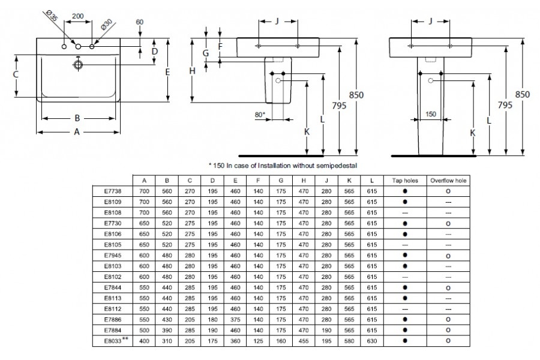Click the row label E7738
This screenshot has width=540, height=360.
(x=113, y=190)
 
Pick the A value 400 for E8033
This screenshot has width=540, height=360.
(x=144, y=340)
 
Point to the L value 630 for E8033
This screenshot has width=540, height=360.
(x=372, y=340)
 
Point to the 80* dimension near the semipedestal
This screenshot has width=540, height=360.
(x=259, y=114)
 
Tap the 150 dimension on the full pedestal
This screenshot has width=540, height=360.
(x=430, y=114)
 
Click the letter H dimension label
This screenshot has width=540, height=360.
(x=192, y=71)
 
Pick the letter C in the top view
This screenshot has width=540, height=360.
(x=16, y=74)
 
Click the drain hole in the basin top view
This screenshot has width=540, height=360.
(x=78, y=65)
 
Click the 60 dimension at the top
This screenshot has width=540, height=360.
(x=140, y=22)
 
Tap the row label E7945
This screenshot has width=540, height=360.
(x=113, y=254)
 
